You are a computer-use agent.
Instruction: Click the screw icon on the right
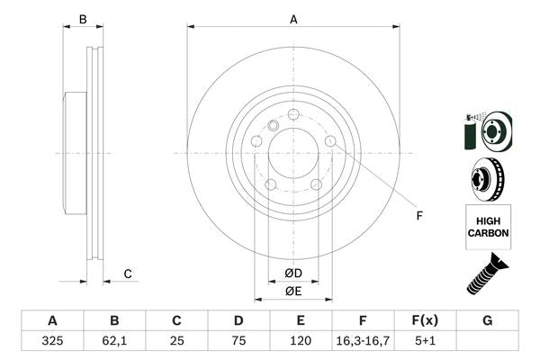coord(487,274)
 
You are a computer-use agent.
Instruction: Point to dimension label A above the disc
coord(293,19)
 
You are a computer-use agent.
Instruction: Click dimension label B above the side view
coord(82,19)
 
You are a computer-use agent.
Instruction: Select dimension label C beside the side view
coord(128,274)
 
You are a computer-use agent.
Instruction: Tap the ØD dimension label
coord(292,273)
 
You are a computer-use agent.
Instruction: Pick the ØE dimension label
coord(292,291)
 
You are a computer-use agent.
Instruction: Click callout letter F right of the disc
coord(418,215)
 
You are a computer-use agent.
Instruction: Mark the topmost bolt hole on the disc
coord(293,114)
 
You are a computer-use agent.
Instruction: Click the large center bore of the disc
coord(293,153)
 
